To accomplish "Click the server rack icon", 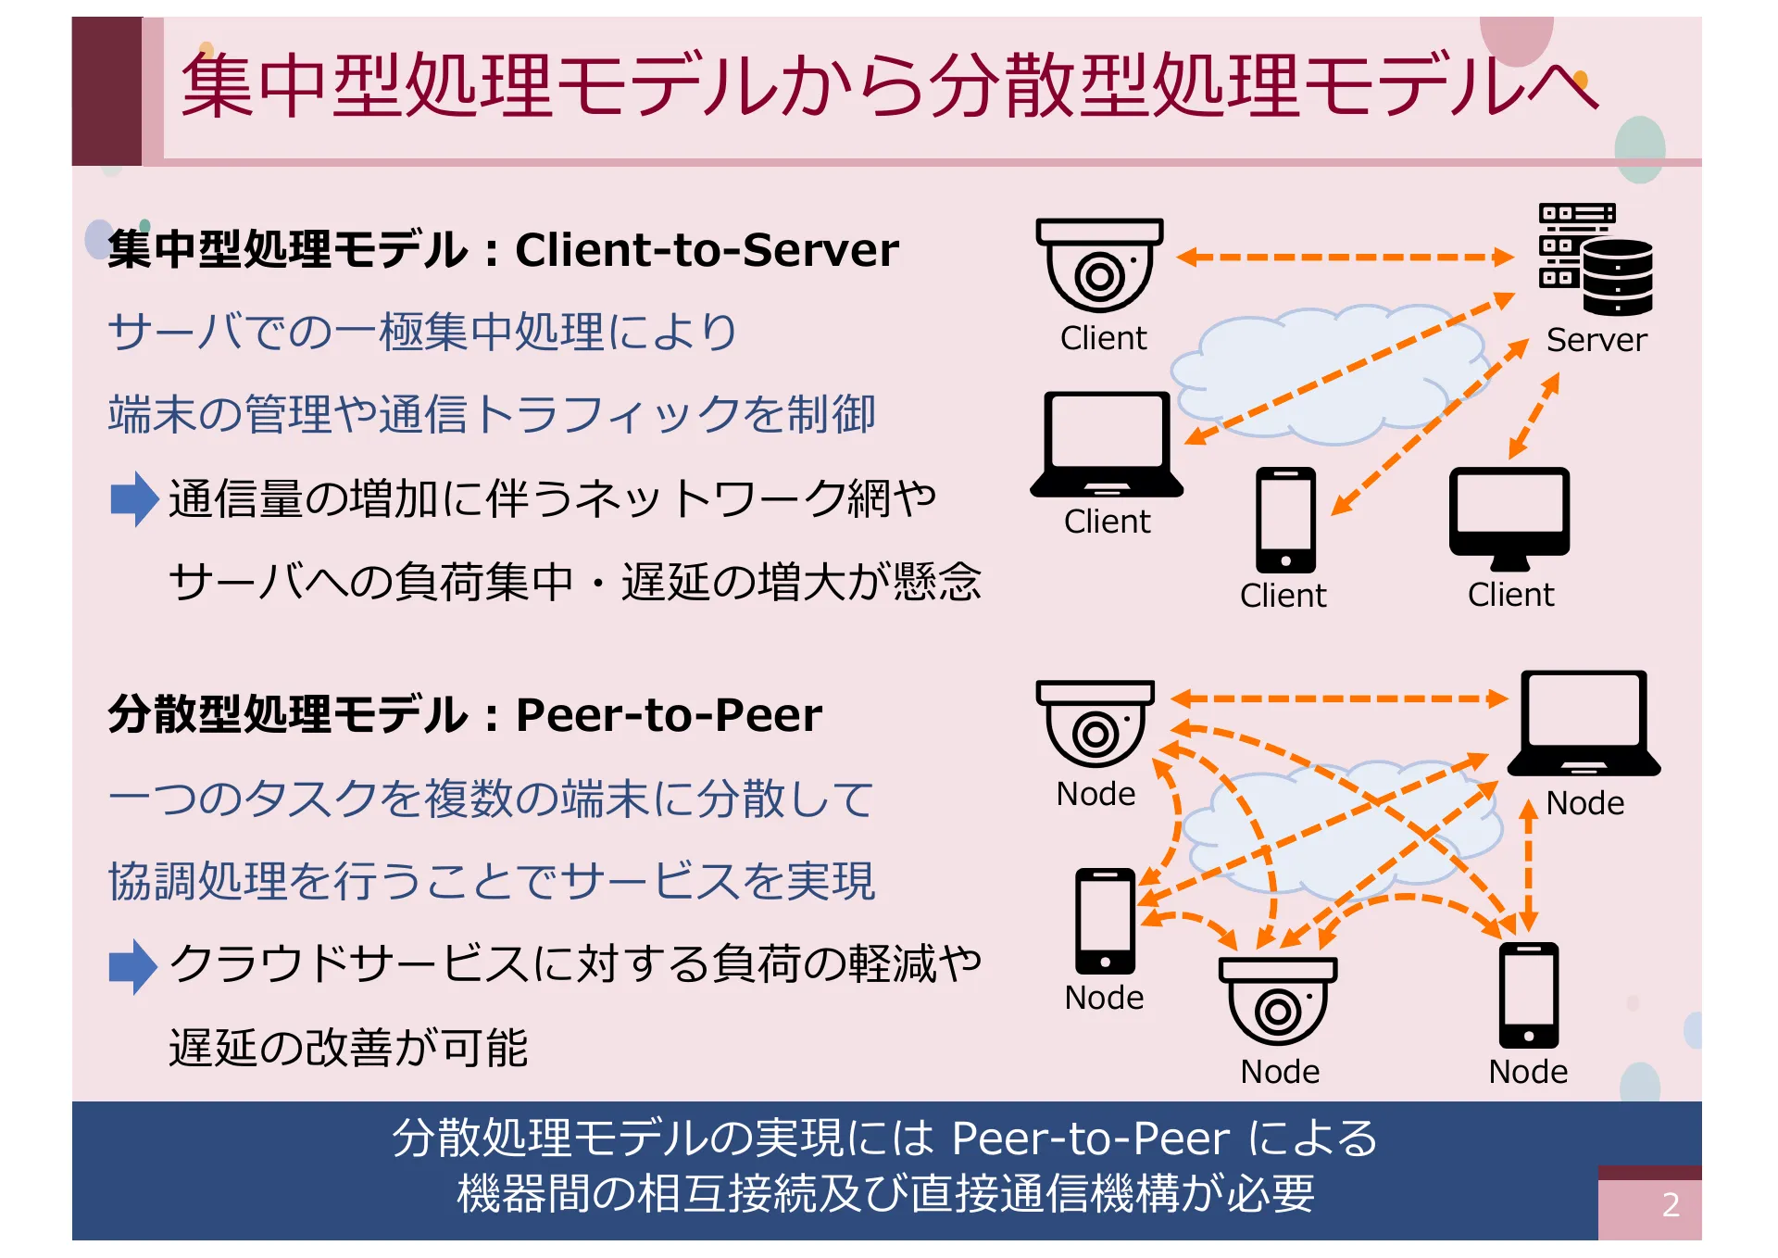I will [1595, 258].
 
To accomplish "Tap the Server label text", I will [1596, 340].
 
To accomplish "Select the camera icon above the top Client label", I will [1099, 265].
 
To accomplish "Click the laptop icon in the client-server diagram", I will [1107, 444].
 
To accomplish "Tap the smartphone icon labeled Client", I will [1285, 520].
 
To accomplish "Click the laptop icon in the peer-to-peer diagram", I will [1584, 723].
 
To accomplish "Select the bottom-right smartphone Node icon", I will [1529, 995].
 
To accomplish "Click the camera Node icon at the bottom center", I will [1278, 1001].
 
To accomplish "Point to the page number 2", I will [1671, 1204].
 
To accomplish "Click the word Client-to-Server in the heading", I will [707, 250].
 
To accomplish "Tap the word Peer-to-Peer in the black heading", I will [669, 715].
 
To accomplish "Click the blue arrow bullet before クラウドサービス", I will [133, 966].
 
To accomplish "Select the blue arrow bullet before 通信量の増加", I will [133, 498].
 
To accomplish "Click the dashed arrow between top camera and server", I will [1345, 257].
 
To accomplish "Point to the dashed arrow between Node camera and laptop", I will [1339, 698].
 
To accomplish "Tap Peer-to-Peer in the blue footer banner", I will [1090, 1138].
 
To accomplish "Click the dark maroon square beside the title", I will [106, 91].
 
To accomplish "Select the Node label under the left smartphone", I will [1104, 998].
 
